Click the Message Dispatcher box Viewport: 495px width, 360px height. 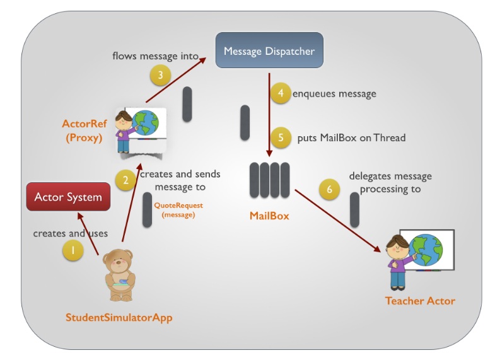click(269, 50)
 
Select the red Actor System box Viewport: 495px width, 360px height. click(68, 197)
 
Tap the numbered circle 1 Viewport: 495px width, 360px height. click(73, 250)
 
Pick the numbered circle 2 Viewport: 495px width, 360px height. click(125, 180)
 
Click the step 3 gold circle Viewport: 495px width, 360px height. click(160, 76)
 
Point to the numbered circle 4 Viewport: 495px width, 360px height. click(281, 93)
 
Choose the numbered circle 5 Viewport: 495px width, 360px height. click(281, 137)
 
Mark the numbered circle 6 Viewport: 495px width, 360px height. click(329, 189)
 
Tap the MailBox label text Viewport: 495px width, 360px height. click(269, 216)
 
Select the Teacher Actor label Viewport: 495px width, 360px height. click(420, 301)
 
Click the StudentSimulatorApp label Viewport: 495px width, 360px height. click(119, 317)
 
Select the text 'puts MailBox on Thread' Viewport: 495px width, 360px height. click(351, 137)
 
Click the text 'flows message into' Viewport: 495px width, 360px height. click(155, 55)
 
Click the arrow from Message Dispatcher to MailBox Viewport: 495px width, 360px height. click(269, 113)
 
